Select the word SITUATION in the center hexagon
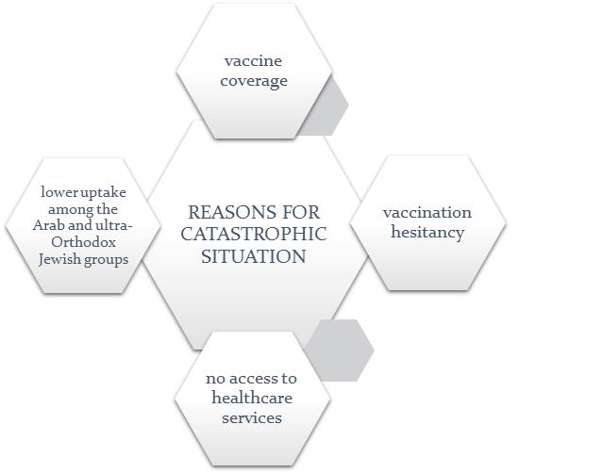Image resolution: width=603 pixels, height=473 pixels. click(253, 255)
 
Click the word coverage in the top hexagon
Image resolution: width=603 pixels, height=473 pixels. click(255, 81)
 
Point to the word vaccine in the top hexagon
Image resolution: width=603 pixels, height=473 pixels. click(253, 61)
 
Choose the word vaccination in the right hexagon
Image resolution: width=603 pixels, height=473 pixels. click(427, 212)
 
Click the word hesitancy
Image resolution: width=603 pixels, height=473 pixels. click(427, 232)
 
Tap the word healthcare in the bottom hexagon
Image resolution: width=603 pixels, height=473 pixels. click(252, 398)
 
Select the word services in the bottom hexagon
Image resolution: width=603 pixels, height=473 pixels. click(252, 417)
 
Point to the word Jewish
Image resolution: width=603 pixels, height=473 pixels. click(60, 259)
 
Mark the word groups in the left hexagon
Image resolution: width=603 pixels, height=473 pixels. click(106, 259)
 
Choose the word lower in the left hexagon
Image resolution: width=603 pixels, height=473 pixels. click(59, 191)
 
